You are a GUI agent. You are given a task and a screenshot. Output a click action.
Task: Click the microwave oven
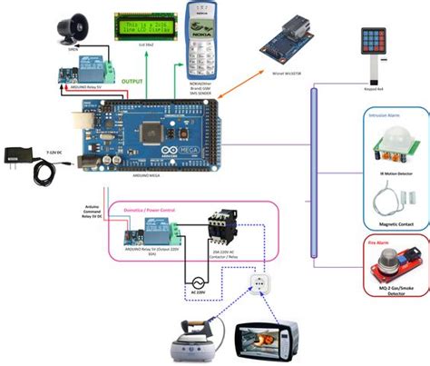point(271,341)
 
